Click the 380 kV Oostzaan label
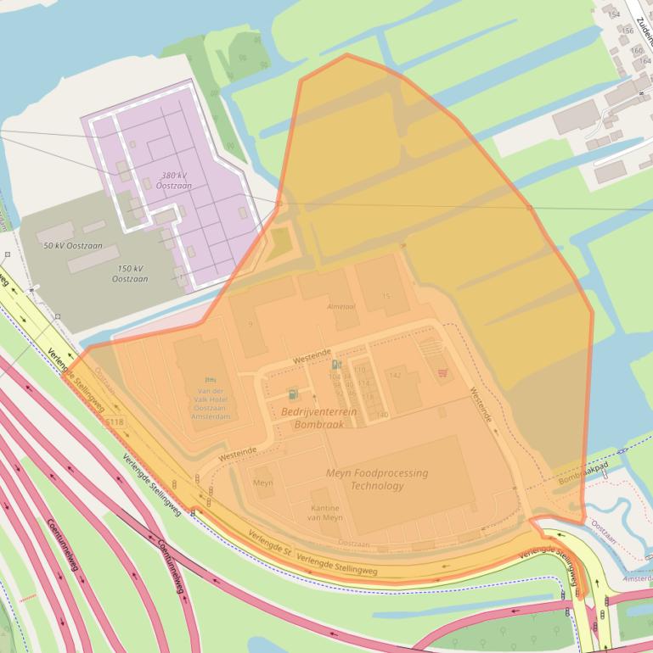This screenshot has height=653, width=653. (173, 180)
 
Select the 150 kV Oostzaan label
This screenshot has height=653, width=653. (129, 273)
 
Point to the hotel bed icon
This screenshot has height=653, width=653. (211, 379)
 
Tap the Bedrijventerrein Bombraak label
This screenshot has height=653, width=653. (318, 417)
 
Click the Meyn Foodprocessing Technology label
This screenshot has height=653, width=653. (377, 479)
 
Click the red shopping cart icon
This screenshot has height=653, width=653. (442, 372)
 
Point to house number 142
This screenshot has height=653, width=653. (395, 374)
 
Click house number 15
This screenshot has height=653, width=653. (386, 296)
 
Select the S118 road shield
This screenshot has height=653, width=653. (114, 421)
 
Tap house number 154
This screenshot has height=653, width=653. (614, 14)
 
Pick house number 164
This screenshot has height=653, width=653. (645, 60)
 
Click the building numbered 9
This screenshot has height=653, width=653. (251, 324)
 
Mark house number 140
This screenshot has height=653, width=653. (382, 415)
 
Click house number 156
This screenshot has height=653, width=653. (628, 31)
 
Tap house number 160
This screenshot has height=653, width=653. (637, 50)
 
